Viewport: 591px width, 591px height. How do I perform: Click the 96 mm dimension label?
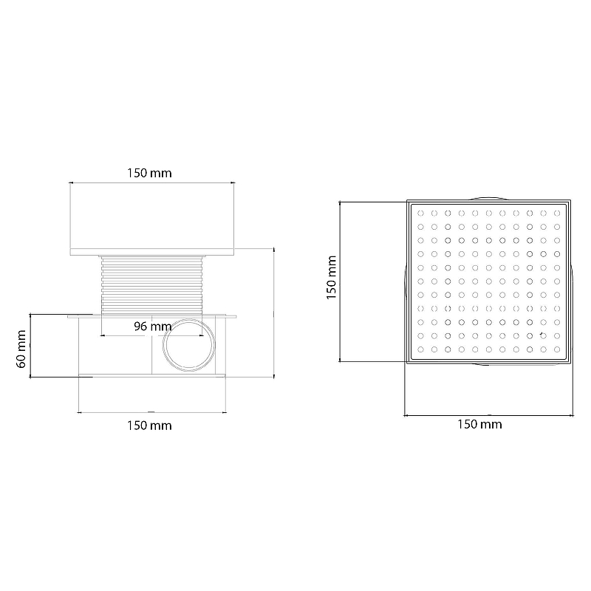[x=153, y=327]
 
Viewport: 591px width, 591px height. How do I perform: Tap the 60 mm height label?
[x=21, y=349]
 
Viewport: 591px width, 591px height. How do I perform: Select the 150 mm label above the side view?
[x=149, y=173]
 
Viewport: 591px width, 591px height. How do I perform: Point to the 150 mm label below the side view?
[x=149, y=426]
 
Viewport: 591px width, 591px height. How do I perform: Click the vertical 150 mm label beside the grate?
[x=331, y=278]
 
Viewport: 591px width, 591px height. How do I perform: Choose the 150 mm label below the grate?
[x=479, y=424]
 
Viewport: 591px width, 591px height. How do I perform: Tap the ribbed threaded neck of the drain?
[x=152, y=285]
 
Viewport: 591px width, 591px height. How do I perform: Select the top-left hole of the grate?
[x=420, y=213]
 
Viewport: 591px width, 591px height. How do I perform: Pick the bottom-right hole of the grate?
[x=557, y=349]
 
